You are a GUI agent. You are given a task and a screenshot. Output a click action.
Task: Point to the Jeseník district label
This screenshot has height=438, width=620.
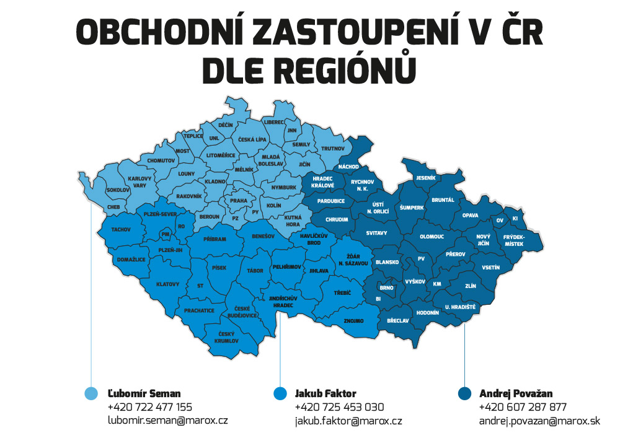click(x=427, y=178)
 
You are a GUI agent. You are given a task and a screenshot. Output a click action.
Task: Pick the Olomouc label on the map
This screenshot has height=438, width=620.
click(x=432, y=236)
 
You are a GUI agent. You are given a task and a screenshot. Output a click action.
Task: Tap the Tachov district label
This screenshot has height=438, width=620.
click(x=121, y=229)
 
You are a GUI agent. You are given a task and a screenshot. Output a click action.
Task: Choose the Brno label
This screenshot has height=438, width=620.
click(x=386, y=288)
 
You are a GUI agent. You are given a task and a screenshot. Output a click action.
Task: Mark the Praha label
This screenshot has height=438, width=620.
click(x=239, y=201)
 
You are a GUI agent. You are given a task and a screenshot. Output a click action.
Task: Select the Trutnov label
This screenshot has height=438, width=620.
click(x=332, y=149)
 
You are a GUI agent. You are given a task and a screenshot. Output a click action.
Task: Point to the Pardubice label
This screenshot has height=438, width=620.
click(x=331, y=201)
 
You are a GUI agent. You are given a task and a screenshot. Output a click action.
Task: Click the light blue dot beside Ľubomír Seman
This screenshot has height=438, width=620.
click(x=91, y=393)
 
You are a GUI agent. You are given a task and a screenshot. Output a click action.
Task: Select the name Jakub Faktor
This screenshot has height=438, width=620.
click(x=325, y=393)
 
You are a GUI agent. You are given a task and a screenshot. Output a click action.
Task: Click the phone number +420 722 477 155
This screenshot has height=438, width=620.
click(x=149, y=407)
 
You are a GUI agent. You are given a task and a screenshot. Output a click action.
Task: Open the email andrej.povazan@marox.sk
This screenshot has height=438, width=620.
click(x=539, y=421)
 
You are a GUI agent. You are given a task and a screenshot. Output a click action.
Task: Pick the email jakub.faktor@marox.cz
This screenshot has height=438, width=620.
click(x=348, y=421)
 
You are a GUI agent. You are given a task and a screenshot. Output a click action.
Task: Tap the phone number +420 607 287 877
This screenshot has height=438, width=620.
click(x=523, y=407)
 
